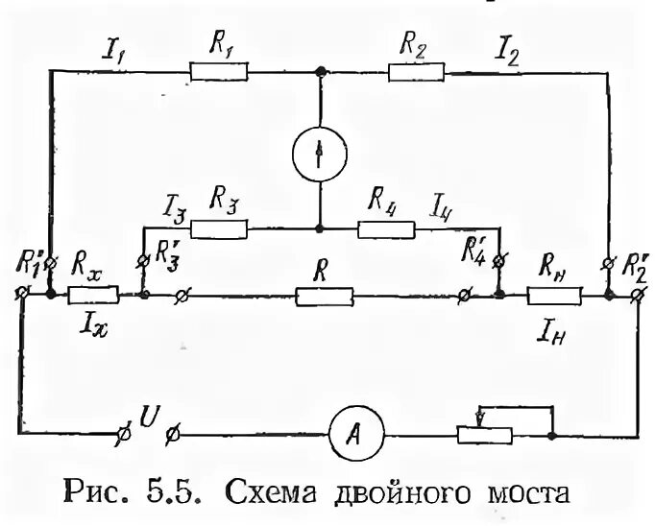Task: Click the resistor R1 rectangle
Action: [x=219, y=70]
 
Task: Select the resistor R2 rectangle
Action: [x=416, y=70]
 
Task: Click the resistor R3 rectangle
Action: [x=219, y=228]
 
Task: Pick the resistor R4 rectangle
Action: [x=386, y=228]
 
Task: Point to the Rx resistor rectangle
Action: [x=93, y=296]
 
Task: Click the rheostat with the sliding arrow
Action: [x=482, y=434]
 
